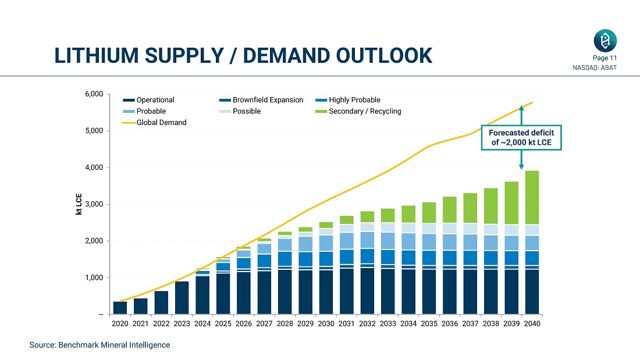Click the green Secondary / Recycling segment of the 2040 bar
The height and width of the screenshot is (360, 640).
(531, 197)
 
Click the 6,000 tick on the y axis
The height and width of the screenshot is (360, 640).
(93, 94)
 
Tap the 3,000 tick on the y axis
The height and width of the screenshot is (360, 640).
(93, 205)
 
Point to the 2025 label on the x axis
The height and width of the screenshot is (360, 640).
(223, 324)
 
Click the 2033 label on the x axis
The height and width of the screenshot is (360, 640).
(387, 324)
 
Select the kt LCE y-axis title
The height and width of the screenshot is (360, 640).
(79, 204)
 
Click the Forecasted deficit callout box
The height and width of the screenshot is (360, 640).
(521, 138)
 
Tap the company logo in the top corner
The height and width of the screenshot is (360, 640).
(605, 41)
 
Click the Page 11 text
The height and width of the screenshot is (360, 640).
(605, 58)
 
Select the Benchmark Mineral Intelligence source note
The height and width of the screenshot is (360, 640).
(99, 345)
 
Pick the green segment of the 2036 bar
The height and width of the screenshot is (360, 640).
(449, 209)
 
